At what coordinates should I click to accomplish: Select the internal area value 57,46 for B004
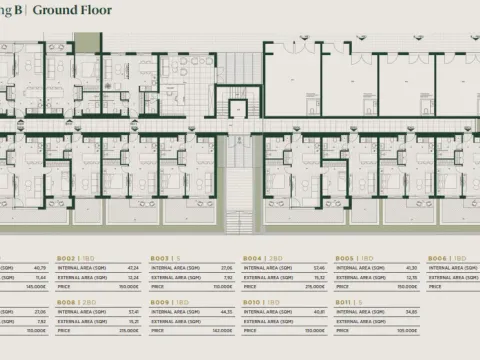[317, 267]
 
